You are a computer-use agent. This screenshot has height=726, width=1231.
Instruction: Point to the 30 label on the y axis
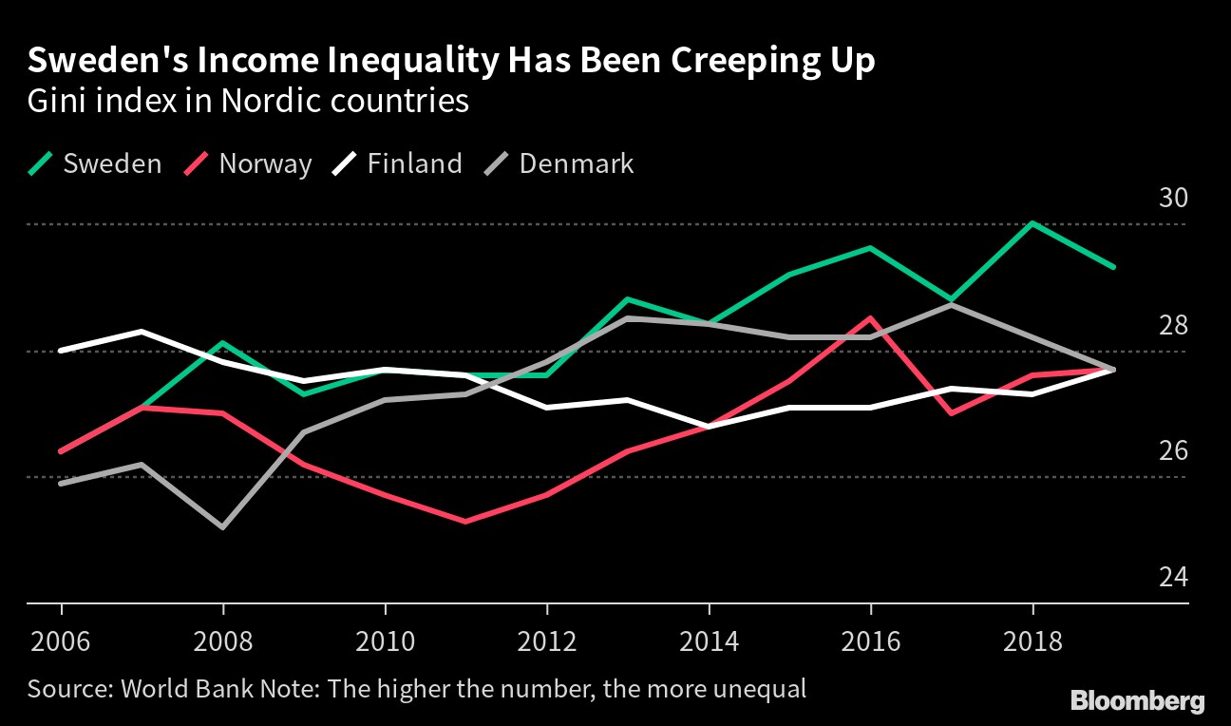pyautogui.click(x=1173, y=199)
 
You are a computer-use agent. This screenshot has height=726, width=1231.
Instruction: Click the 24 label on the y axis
pyautogui.click(x=1173, y=577)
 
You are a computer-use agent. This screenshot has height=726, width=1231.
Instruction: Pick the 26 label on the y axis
pyautogui.click(x=1173, y=450)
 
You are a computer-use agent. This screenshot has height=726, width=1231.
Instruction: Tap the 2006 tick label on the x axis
pyautogui.click(x=62, y=641)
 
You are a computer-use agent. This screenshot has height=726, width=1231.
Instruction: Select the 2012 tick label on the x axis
pyautogui.click(x=547, y=641)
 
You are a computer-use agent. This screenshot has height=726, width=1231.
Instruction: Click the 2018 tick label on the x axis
pyautogui.click(x=1032, y=641)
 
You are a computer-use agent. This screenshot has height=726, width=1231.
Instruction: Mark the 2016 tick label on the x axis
pyautogui.click(x=871, y=641)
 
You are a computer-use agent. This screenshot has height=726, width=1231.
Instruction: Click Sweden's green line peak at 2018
pyautogui.click(x=1032, y=224)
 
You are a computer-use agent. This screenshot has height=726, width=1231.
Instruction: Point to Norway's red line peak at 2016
pyautogui.click(x=871, y=318)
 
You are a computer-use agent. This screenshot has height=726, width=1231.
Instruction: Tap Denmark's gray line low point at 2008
pyautogui.click(x=223, y=526)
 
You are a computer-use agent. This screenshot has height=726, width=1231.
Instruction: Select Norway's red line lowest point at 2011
pyautogui.click(x=466, y=522)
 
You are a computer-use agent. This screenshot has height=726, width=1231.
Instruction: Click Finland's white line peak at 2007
pyautogui.click(x=142, y=332)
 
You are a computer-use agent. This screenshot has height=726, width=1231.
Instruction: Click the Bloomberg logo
pyautogui.click(x=1137, y=701)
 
